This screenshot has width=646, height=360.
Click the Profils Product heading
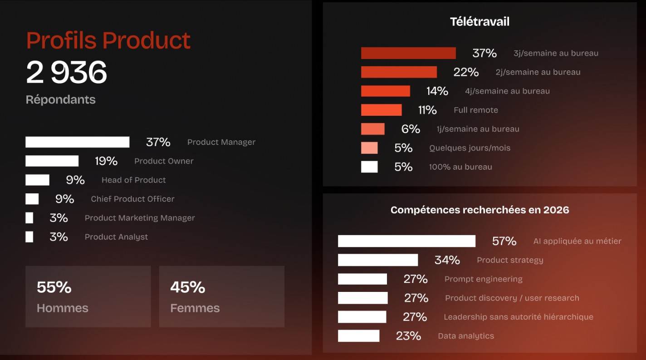[108, 40]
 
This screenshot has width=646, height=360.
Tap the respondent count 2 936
[67, 73]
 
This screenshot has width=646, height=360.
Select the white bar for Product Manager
[77, 142]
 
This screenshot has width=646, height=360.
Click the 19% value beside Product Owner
[106, 161]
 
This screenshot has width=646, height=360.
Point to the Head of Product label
[133, 180]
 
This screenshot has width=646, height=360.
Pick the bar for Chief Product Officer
[32, 199]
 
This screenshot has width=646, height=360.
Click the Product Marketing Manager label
[140, 218]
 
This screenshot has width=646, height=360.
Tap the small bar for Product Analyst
[29, 237]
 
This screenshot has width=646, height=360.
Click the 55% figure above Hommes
[54, 287]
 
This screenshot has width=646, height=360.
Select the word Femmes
[195, 308]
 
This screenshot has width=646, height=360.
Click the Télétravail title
[480, 22]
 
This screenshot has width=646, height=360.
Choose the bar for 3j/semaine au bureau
[408, 53]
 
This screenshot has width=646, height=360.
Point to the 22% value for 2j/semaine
[466, 72]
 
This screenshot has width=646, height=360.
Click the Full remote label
[476, 110]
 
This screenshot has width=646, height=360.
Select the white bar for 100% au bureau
[369, 167]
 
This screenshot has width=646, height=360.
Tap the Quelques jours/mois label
[470, 148]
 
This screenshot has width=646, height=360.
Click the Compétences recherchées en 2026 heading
[480, 210]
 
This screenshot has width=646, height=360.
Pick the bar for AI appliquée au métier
[406, 241]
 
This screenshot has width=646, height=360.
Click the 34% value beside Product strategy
[447, 260]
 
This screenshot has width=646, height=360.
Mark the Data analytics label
[466, 336]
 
